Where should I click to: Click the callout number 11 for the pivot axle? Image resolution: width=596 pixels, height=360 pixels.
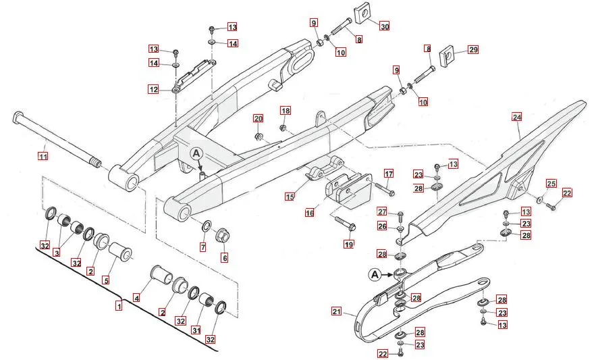click(43, 157)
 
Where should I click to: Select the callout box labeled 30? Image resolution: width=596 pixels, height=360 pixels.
click(384, 27)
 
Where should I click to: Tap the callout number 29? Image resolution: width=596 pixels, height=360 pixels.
click(472, 50)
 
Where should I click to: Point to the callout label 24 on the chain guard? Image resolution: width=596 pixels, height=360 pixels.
click(517, 117)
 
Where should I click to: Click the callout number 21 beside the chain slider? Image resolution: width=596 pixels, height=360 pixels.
click(336, 311)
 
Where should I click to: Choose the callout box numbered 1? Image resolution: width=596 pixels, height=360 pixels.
click(119, 306)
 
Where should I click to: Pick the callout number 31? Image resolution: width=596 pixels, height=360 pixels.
click(196, 330)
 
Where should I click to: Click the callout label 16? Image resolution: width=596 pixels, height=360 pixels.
click(309, 213)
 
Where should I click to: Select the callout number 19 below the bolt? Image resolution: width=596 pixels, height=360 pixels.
click(349, 244)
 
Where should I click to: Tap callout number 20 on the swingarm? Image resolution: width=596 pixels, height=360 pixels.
click(258, 119)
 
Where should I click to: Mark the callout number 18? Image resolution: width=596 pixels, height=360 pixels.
click(286, 110)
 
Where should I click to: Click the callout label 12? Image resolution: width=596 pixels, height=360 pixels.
click(154, 89)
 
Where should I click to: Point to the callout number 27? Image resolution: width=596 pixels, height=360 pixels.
click(382, 211)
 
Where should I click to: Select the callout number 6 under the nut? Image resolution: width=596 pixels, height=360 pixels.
click(224, 257)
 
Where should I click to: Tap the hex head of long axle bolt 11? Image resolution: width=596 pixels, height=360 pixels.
click(17, 120)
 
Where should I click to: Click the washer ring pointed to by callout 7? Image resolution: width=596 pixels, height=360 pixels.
click(207, 224)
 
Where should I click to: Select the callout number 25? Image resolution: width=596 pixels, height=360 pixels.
click(551, 184)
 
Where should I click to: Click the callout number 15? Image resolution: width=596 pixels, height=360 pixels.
click(290, 197)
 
